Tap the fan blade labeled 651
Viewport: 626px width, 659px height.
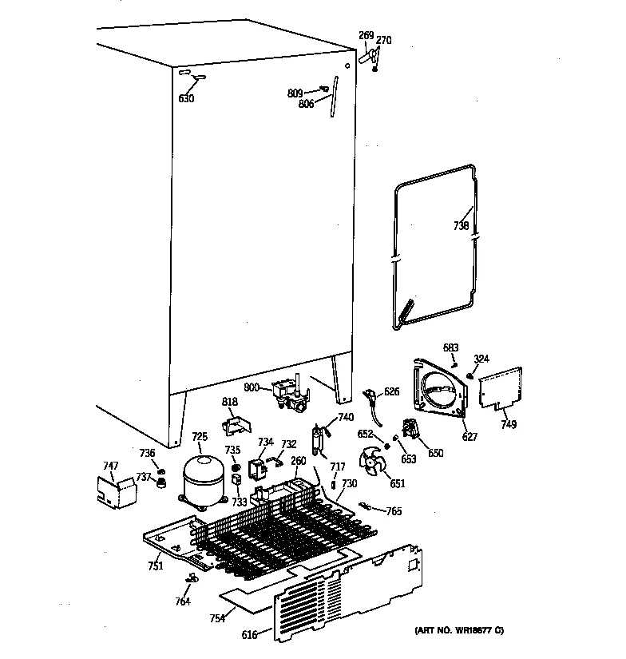pos(371,463)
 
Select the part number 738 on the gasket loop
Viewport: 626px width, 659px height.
pos(461,226)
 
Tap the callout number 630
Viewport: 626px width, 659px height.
pos(185,99)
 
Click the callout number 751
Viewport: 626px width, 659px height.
pos(155,566)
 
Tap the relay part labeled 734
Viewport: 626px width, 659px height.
pos(260,468)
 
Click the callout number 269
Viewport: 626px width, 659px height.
pos(366,35)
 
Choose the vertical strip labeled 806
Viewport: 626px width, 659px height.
pos(334,97)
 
